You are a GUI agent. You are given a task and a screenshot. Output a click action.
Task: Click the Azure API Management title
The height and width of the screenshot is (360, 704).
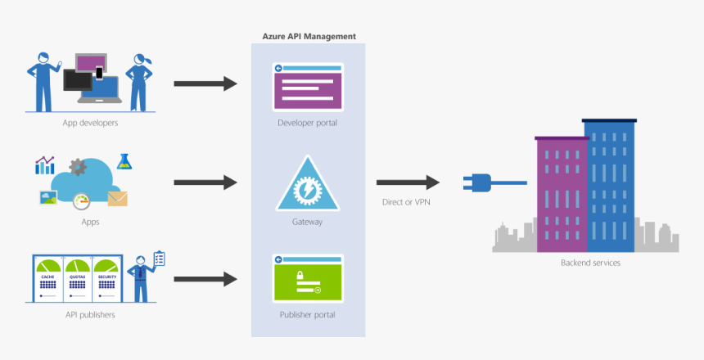pos(309,37)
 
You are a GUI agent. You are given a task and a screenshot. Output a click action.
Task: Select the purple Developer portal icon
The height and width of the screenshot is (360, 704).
pos(309,86)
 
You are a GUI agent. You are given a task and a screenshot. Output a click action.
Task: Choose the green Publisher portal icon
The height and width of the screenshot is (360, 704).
pos(309,278)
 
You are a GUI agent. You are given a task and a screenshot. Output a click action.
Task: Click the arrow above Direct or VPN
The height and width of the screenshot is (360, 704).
pos(408,182)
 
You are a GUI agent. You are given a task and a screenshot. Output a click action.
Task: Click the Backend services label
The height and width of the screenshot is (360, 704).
pos(590,263)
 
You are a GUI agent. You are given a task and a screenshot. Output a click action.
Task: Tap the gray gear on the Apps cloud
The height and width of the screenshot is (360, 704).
pos(78,167)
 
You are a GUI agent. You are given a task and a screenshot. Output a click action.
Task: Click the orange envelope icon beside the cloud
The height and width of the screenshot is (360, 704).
pos(117,198)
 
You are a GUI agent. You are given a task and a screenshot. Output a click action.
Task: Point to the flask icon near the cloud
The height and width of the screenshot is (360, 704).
pos(124,161)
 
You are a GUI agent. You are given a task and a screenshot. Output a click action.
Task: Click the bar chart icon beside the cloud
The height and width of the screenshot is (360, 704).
pos(44,165)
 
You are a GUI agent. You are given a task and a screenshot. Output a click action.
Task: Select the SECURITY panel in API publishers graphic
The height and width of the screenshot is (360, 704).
pos(106,279)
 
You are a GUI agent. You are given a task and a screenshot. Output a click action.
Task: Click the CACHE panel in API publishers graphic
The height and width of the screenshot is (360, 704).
pos(47,279)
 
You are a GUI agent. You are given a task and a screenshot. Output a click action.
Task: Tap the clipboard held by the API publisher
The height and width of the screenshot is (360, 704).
pos(159,259)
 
